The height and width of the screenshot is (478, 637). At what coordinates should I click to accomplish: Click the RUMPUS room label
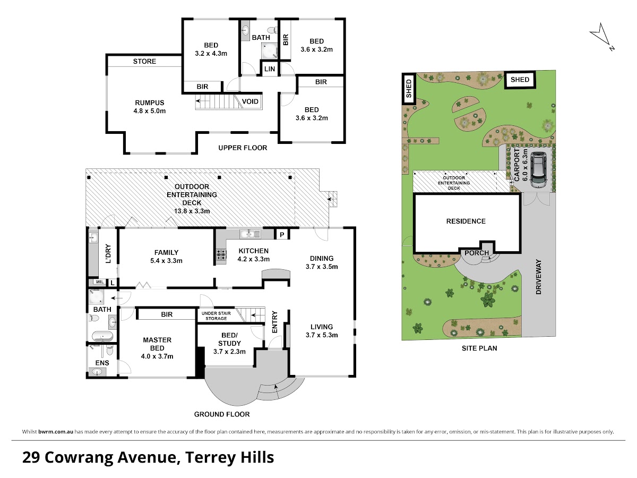[150, 103]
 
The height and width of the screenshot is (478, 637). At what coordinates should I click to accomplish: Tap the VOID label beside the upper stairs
[250, 101]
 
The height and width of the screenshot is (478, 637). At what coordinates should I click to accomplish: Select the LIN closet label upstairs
[270, 69]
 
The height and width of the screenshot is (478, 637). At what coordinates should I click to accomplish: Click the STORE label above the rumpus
[144, 62]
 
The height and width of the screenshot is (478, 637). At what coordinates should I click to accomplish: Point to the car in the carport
[538, 170]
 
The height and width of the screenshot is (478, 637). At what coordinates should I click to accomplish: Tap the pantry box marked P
[282, 235]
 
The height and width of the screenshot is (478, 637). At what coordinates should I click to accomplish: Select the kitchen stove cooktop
[221, 255]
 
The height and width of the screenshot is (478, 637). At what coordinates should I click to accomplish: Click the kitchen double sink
[250, 234]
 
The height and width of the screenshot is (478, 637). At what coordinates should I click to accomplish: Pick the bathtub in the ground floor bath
[102, 336]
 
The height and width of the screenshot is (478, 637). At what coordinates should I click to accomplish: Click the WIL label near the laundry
[100, 282]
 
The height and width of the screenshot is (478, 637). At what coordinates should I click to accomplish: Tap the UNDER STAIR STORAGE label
[216, 316]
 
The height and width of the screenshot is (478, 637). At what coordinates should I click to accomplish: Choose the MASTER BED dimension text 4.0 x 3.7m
[157, 356]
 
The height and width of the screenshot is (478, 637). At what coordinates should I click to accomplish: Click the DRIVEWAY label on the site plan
[539, 277]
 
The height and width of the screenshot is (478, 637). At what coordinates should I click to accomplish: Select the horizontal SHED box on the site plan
[520, 80]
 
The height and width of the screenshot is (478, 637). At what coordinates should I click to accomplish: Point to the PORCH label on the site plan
[477, 253]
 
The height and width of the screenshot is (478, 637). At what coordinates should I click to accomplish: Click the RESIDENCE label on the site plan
[466, 221]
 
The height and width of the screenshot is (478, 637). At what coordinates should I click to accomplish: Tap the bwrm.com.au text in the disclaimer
[56, 432]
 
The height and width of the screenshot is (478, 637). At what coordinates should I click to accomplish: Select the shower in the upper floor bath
[270, 50]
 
